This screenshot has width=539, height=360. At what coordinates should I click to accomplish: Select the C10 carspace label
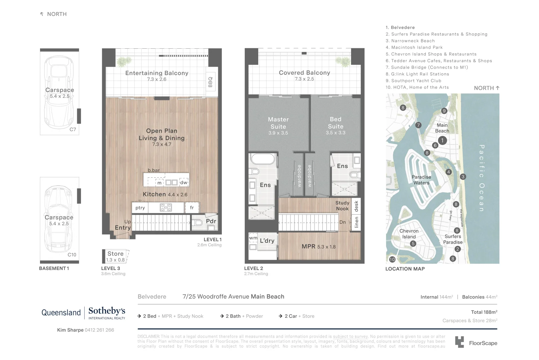tap(72, 255)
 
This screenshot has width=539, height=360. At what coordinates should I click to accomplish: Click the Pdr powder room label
tap(211, 221)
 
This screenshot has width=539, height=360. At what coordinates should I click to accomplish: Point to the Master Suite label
tap(278, 123)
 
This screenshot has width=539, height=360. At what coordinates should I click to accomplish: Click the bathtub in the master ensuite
tap(263, 159)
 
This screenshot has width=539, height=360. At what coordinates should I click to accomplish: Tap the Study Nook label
tap(342, 206)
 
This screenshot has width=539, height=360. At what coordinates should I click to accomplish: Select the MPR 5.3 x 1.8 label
tap(318, 247)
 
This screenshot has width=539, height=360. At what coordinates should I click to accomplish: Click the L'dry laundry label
tap(267, 241)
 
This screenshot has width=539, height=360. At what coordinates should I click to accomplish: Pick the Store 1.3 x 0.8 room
tap(116, 256)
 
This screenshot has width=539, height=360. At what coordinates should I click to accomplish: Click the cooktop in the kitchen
tap(166, 208)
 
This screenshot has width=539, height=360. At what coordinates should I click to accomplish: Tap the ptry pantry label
tap(140, 208)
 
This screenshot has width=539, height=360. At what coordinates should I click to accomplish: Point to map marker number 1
tap(442, 140)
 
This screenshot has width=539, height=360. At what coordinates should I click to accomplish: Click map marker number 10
tap(392, 259)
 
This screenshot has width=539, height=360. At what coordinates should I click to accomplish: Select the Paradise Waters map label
tap(421, 180)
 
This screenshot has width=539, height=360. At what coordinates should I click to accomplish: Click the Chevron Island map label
tap(409, 234)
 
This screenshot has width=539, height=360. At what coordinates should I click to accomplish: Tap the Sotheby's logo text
tap(107, 311)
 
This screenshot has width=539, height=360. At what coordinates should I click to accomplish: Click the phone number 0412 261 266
tap(99, 330)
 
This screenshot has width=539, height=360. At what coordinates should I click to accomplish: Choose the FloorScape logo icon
tap(459, 342)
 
